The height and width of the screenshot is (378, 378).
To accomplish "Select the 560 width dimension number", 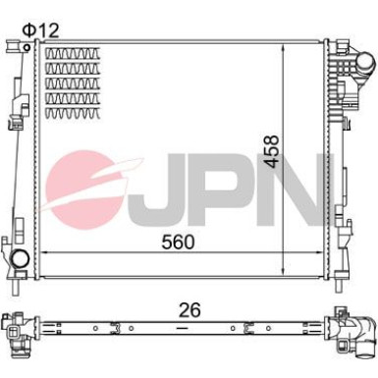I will click(176, 241).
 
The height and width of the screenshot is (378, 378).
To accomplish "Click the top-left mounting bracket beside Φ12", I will click(12, 46).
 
